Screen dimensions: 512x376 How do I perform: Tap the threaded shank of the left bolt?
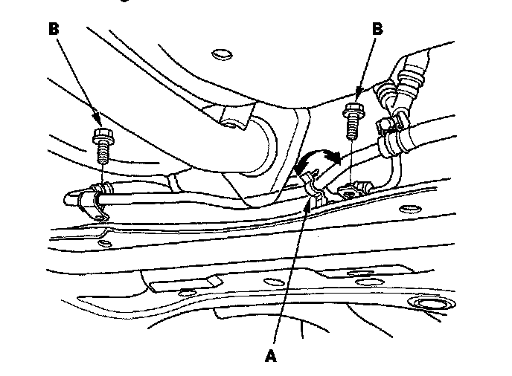coord(103,154)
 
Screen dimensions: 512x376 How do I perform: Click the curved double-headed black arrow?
coord(318,158)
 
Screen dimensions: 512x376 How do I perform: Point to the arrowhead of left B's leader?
coord(100,123)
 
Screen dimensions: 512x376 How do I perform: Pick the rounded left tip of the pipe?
coord(68,198)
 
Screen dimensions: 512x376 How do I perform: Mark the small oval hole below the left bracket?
coord(104,242)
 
